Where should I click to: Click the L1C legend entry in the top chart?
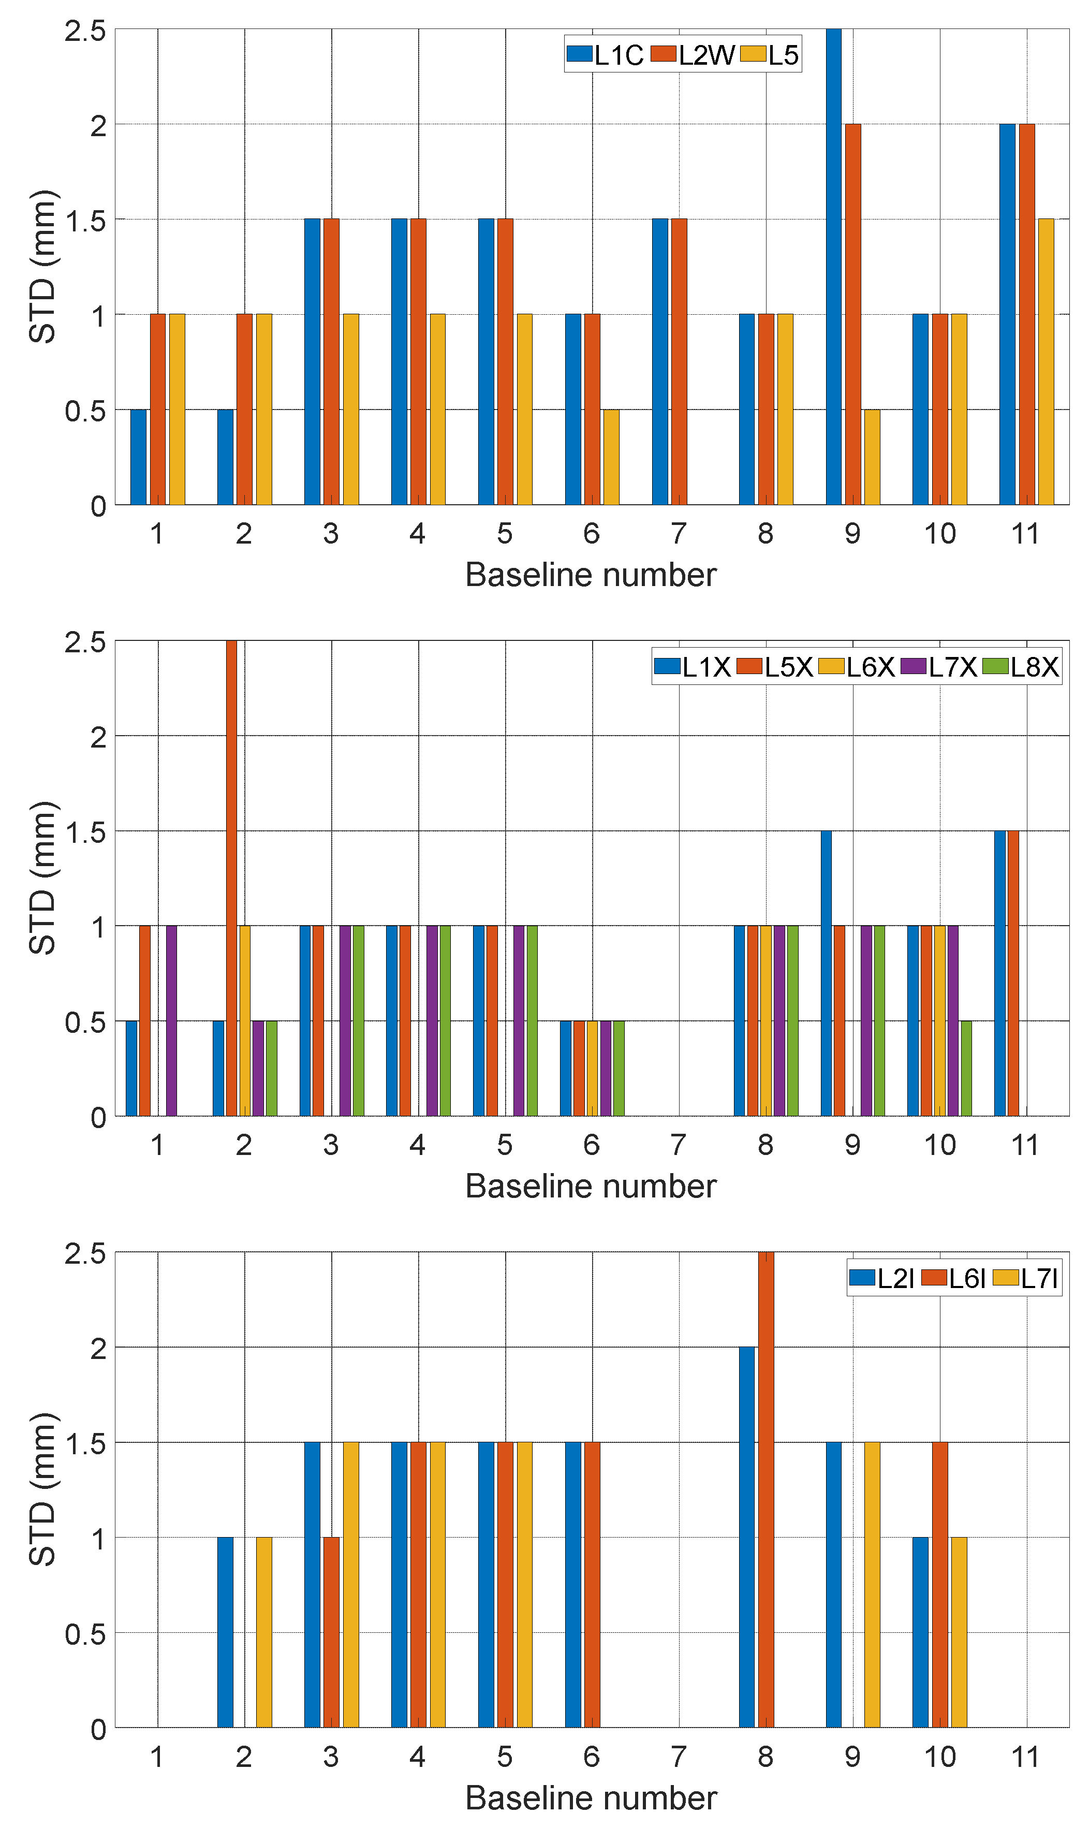pyautogui.click(x=606, y=55)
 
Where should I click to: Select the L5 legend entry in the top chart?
pyautogui.click(x=770, y=55)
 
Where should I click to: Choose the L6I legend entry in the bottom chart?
pyautogui.click(x=953, y=1278)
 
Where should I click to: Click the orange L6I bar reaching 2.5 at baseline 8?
pyautogui.click(x=766, y=1490)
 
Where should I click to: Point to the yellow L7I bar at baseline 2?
pyautogui.click(x=264, y=1632)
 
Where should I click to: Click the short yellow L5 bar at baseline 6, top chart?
pyautogui.click(x=611, y=457)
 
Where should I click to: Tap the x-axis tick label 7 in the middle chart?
pyautogui.click(x=678, y=1145)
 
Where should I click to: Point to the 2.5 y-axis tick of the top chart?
pyautogui.click(x=85, y=31)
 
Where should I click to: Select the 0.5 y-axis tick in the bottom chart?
pyautogui.click(x=85, y=1633)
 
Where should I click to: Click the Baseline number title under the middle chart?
pyautogui.click(x=591, y=1186)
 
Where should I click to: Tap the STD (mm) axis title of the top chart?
pyautogui.click(x=42, y=267)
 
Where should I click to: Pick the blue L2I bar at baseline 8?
pyautogui.click(x=746, y=1538)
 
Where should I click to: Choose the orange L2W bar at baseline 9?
pyautogui.click(x=852, y=315)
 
